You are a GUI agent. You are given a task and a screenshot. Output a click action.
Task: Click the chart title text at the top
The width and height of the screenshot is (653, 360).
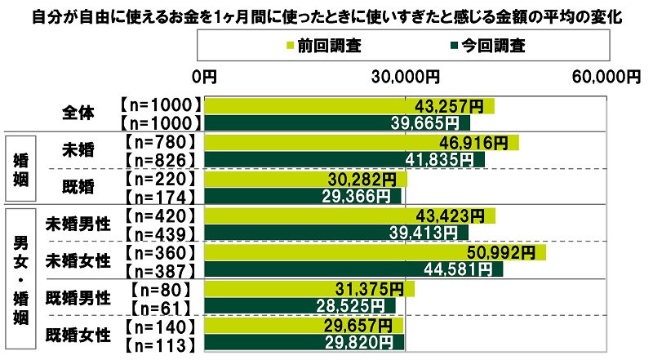pyautogui.click(x=326, y=15)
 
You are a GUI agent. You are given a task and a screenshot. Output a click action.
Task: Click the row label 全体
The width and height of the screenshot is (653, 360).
pyautogui.click(x=78, y=114)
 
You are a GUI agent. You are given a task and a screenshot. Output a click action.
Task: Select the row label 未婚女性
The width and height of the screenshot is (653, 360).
pyautogui.click(x=78, y=261)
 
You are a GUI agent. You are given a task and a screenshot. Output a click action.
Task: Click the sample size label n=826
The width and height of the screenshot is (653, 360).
pyautogui.click(x=159, y=160)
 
